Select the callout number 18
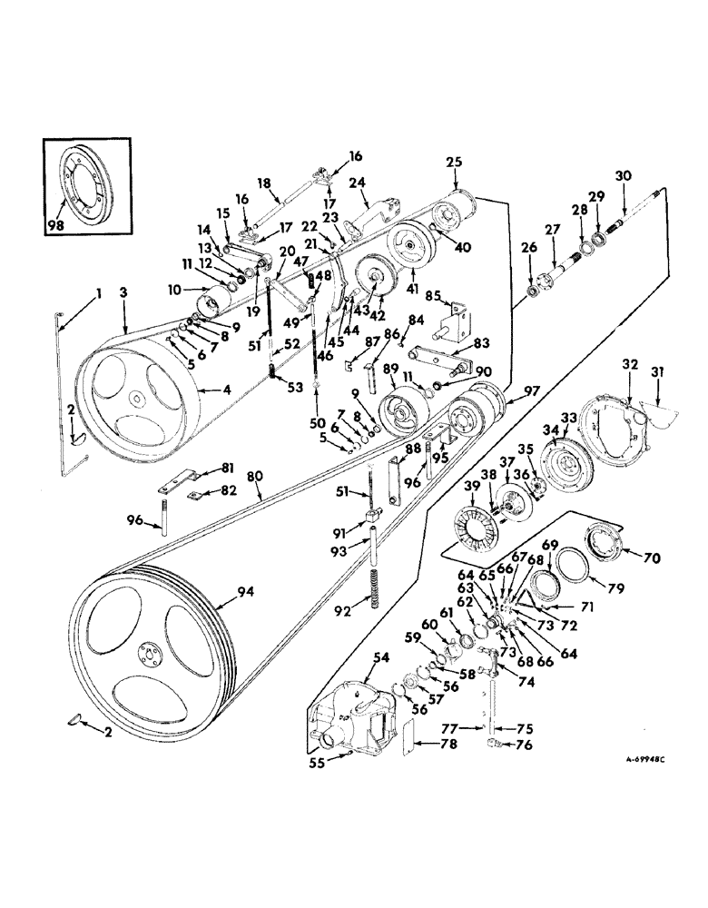pyautogui.click(x=263, y=183)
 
